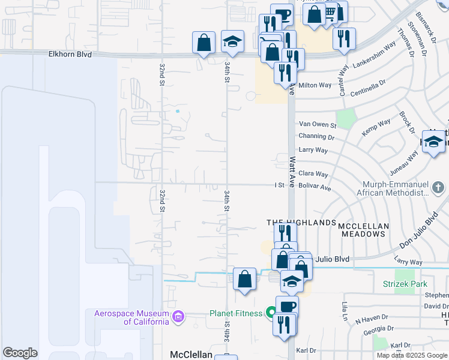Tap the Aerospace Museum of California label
pyautogui.click(x=131, y=317)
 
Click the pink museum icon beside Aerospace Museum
pyautogui.click(x=178, y=316)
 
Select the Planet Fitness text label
pyautogui.click(x=235, y=313)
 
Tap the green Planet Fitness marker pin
pyautogui.click(x=271, y=312)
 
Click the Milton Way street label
pyautogui.click(x=315, y=85)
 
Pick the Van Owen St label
pyautogui.click(x=318, y=124)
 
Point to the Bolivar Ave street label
pyautogui.click(x=315, y=188)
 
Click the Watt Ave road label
pyautogui.click(x=293, y=171)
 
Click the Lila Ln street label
pyautogui.click(x=345, y=313)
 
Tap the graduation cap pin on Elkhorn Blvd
pyautogui.click(x=232, y=42)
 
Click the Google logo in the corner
pyautogui.click(x=20, y=353)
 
